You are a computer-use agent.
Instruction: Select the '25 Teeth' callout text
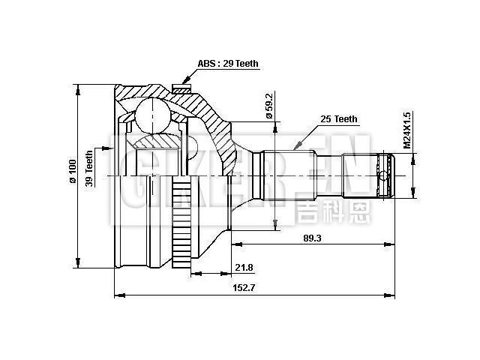[x=339, y=119]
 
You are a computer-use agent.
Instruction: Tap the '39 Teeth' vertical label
[x=89, y=169]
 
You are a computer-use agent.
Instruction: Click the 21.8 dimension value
[x=244, y=268]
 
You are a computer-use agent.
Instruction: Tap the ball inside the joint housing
[x=154, y=116]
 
